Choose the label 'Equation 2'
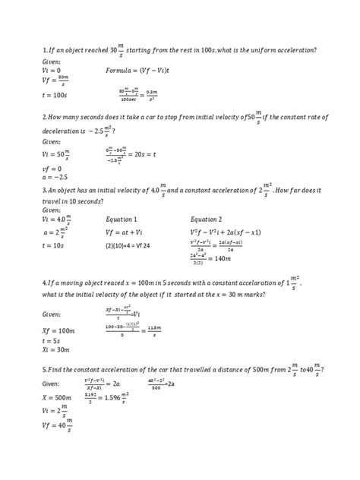[207, 219]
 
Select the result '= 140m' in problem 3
[222, 258]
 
